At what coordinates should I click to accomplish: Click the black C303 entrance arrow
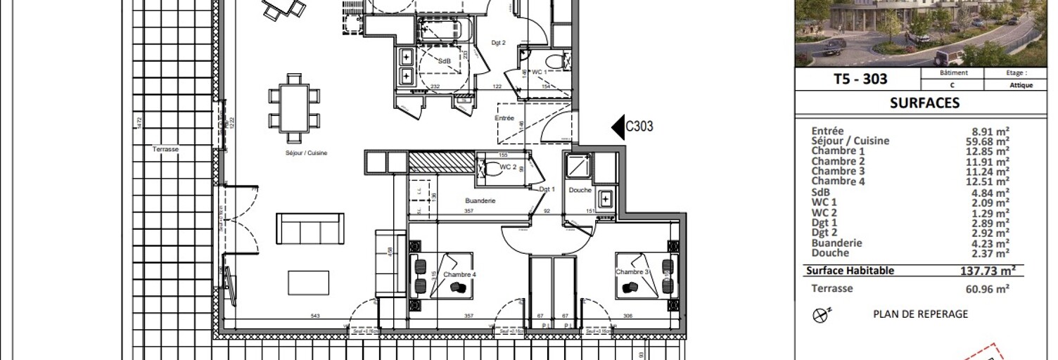pyautogui.click(x=617, y=127)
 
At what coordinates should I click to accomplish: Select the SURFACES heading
pyautogui.click(x=924, y=103)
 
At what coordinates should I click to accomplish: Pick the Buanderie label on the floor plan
pyautogui.click(x=480, y=200)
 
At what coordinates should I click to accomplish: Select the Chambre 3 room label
pyautogui.click(x=632, y=272)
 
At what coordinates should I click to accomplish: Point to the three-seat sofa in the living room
pyautogui.click(x=310, y=229)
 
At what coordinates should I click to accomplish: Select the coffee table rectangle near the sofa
pyautogui.click(x=309, y=283)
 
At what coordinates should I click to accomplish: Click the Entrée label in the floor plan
pyautogui.click(x=505, y=118)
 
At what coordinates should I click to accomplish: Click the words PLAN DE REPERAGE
pyautogui.click(x=920, y=314)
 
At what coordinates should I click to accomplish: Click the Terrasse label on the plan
pyautogui.click(x=166, y=149)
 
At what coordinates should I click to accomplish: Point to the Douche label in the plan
pyautogui.click(x=580, y=191)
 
